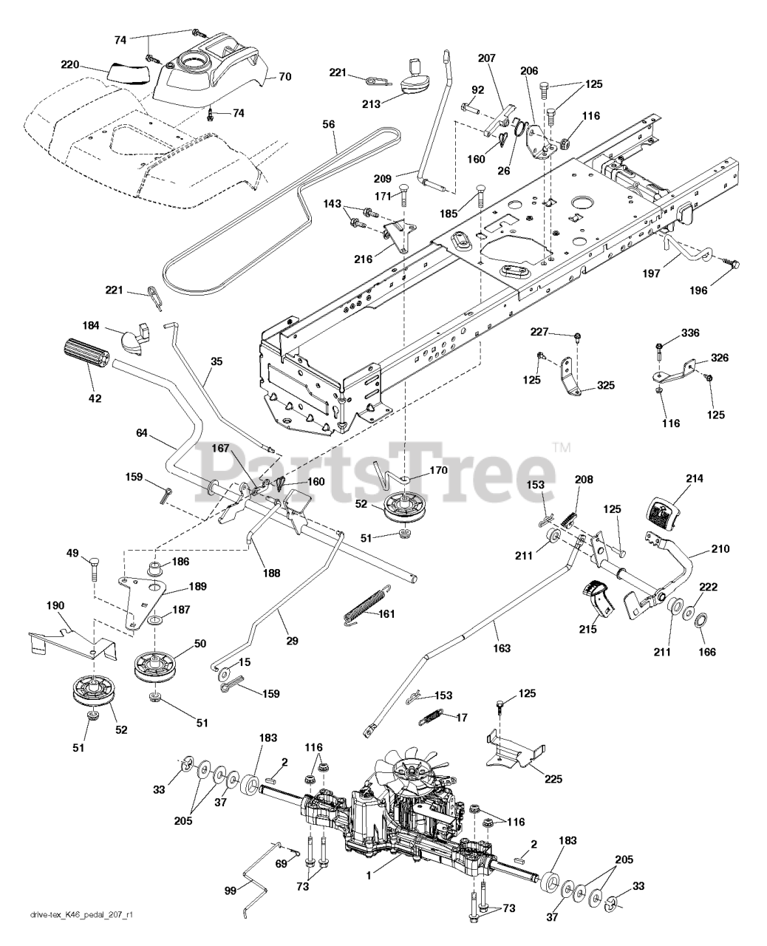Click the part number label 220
[70, 65]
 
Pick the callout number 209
[382, 179]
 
